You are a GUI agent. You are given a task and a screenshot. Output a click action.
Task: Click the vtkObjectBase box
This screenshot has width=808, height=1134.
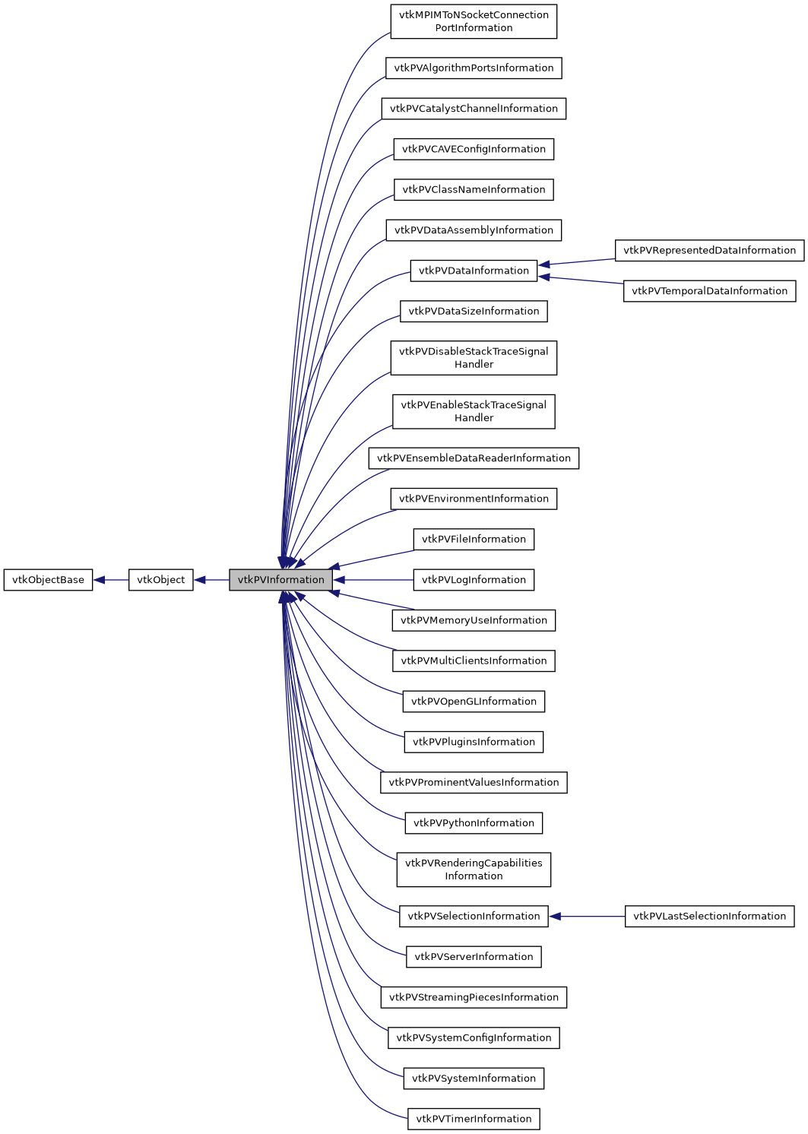tap(48, 580)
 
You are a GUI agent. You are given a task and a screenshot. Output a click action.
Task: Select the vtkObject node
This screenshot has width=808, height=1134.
tap(160, 580)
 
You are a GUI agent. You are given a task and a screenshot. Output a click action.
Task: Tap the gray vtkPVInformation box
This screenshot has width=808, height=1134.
tap(280, 580)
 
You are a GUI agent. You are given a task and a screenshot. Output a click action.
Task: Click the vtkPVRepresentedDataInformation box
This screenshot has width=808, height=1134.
tap(709, 250)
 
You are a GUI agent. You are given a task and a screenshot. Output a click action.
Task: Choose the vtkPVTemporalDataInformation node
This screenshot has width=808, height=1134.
tap(709, 291)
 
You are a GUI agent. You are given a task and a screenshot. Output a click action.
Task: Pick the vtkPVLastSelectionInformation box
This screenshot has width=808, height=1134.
tap(709, 917)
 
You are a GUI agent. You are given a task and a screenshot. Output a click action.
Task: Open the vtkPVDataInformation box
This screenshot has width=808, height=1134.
tap(474, 271)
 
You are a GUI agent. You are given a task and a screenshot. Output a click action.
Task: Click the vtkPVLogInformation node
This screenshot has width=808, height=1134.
tap(474, 580)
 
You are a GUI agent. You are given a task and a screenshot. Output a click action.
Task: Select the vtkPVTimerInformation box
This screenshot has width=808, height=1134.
tap(474, 1119)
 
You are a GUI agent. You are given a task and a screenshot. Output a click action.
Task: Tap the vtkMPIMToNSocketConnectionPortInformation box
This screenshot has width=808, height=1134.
tap(474, 21)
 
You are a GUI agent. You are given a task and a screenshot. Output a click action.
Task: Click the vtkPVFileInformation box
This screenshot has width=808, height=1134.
tap(474, 540)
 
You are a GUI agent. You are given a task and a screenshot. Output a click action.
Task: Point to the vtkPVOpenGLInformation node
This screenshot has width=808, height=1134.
tap(474, 702)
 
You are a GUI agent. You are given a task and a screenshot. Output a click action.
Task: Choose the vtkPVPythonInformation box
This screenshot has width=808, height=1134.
tap(474, 823)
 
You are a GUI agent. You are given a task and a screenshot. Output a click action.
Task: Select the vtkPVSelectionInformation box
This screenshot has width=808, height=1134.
tap(474, 917)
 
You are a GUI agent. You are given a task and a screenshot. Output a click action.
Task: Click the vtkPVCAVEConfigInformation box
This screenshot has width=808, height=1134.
tap(474, 149)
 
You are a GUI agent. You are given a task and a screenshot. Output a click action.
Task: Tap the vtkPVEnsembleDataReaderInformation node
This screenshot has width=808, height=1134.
tap(474, 458)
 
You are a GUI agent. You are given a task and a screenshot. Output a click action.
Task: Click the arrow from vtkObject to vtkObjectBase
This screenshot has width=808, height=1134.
tap(111, 580)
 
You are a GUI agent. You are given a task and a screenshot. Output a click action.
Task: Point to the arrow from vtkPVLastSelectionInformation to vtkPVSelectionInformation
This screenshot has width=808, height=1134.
tap(587, 917)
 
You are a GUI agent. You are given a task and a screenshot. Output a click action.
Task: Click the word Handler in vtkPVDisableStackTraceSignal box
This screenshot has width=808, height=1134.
tap(474, 365)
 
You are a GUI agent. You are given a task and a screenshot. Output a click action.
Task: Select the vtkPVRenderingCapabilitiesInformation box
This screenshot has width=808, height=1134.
tap(474, 870)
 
